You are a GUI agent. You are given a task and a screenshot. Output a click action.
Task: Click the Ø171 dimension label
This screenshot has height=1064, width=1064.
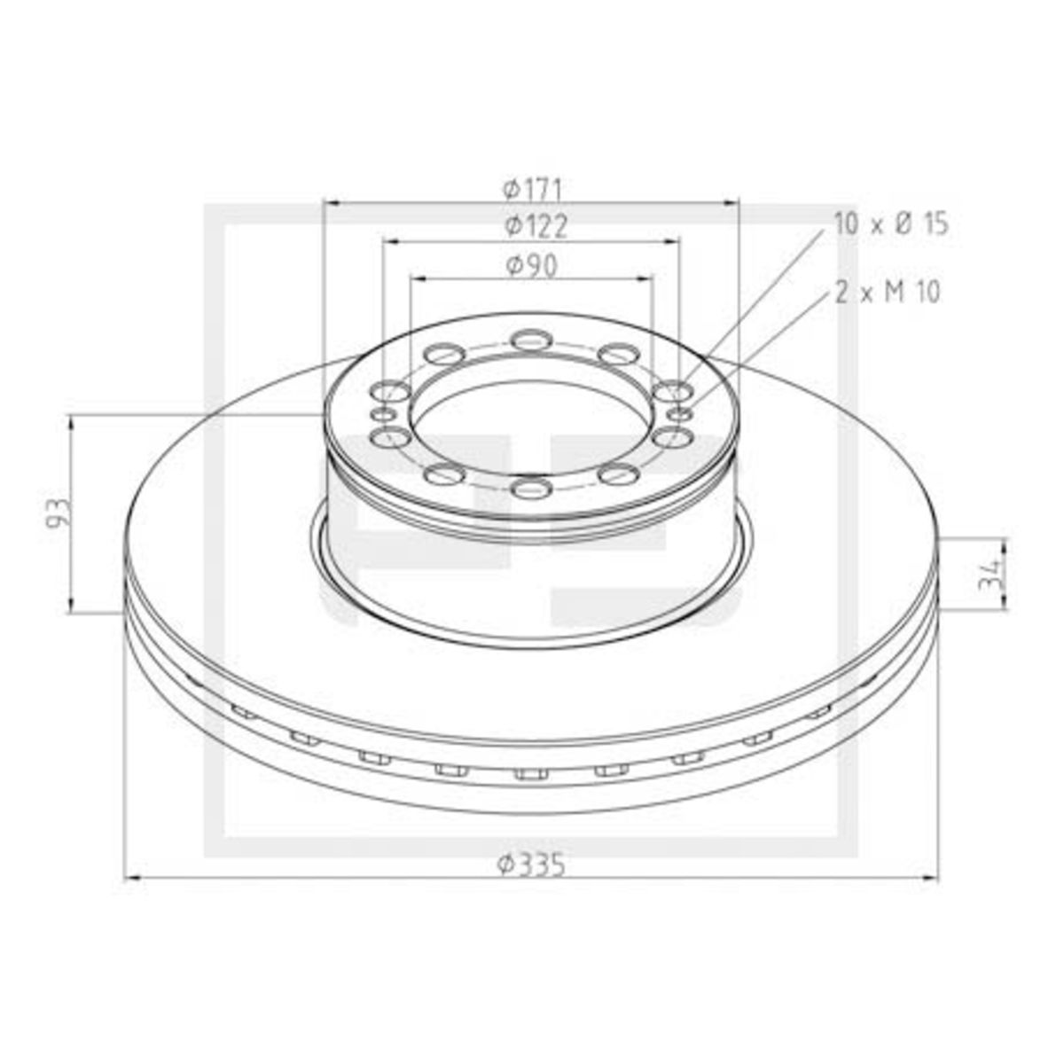click(532, 190)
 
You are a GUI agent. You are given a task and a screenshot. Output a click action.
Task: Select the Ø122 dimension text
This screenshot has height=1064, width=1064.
click(536, 227)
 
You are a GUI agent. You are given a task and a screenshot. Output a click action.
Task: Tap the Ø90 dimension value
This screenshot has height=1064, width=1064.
click(532, 266)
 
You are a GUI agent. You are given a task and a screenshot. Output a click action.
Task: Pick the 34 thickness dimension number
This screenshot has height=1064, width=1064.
click(989, 576)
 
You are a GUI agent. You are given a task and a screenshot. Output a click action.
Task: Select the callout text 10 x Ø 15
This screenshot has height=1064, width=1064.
click(891, 224)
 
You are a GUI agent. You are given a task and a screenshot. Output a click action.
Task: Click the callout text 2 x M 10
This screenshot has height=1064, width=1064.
click(887, 292)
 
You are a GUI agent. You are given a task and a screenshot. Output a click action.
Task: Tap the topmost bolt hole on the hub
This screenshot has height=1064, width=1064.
click(531, 340)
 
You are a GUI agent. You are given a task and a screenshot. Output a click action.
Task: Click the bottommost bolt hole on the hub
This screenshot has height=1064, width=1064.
click(531, 488)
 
